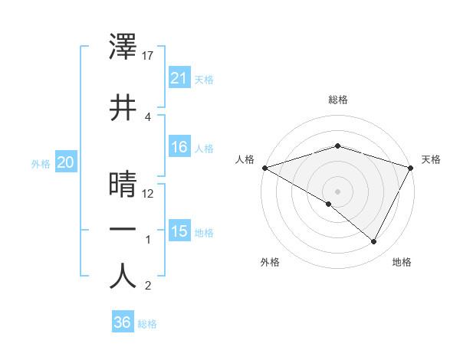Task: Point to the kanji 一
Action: coord(123,229)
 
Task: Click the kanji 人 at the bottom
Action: coord(123,277)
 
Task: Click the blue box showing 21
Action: coord(179,77)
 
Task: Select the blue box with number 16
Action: coord(179,148)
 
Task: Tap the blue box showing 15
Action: coord(179,232)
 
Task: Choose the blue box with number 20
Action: coord(65,162)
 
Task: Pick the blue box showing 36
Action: coord(122,322)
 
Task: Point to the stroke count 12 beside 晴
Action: coord(149,193)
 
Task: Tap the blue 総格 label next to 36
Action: coord(147,324)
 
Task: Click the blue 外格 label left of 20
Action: coord(41,163)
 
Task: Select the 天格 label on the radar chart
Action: coord(431,159)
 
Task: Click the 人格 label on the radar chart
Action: coord(245,159)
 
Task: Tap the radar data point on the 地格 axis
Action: coord(374,242)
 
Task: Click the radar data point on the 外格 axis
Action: coord(328,204)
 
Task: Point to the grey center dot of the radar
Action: coord(337,191)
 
